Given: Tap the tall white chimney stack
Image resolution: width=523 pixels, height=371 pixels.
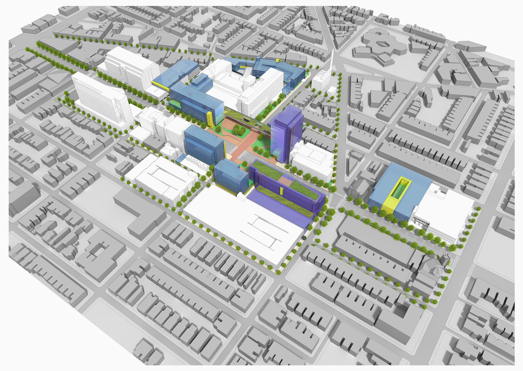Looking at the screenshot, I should pyautogui.click(x=331, y=64).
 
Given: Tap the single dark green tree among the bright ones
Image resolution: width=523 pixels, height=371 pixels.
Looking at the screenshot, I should pyautogui.click(x=305, y=238).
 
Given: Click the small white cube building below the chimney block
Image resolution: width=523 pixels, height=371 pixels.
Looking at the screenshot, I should pyautogui.click(x=331, y=90).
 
